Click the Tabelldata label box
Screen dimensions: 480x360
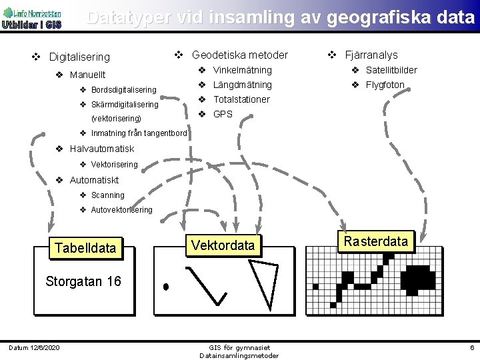(85, 248)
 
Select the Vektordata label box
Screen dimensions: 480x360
(223, 245)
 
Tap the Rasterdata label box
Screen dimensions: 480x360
(377, 241)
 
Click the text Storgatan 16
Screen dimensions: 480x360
(83, 281)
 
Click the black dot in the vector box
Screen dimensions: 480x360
(166, 287)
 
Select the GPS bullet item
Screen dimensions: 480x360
(223, 114)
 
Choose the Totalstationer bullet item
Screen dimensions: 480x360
(241, 99)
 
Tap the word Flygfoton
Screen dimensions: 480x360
(385, 85)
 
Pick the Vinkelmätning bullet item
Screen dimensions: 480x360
(242, 70)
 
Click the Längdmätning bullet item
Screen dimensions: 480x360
(242, 85)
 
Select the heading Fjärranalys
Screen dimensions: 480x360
(371, 55)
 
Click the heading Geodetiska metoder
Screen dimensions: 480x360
(240, 55)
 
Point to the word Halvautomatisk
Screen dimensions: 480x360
(102, 149)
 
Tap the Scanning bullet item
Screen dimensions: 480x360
(107, 195)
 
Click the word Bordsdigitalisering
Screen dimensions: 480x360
(123, 90)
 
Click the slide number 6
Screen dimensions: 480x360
(471, 348)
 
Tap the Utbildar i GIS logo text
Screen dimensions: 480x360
(31, 25)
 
